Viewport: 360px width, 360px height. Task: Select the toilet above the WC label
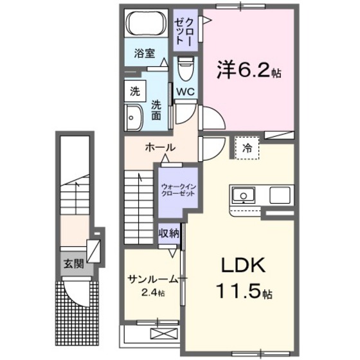coord(186,67)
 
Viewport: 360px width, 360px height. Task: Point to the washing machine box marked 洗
coord(134,91)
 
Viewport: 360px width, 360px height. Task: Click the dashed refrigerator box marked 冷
coord(247,148)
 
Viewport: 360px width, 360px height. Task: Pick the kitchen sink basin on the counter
coord(243,194)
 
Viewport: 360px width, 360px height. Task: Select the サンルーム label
coord(152,279)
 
